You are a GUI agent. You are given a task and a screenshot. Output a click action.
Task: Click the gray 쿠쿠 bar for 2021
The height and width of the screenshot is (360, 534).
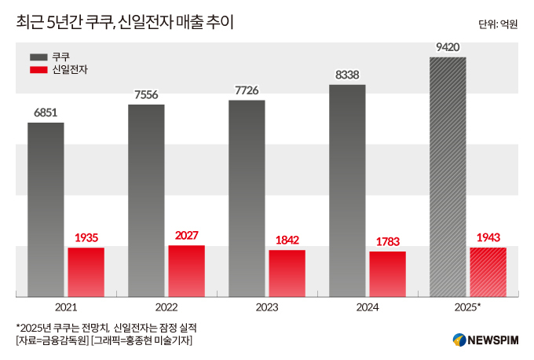(x=46, y=209)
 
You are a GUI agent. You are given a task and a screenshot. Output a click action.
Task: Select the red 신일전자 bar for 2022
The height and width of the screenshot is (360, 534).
(x=186, y=270)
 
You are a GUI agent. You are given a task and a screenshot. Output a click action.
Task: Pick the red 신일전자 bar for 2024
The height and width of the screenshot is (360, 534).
(x=387, y=274)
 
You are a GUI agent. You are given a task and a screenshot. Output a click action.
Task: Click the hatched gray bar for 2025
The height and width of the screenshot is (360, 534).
(x=448, y=176)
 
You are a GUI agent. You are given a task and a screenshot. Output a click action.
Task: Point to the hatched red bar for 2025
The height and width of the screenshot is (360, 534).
(x=488, y=272)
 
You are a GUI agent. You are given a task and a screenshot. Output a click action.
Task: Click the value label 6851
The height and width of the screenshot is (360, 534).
(x=46, y=112)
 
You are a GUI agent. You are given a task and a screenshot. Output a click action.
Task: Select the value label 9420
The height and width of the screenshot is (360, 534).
(x=448, y=47)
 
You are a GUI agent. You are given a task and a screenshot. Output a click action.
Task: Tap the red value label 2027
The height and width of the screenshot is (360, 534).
(x=186, y=235)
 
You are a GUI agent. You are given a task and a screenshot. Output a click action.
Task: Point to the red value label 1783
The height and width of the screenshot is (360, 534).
(x=387, y=241)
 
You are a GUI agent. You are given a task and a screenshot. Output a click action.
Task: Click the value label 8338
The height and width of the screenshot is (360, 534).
(x=347, y=75)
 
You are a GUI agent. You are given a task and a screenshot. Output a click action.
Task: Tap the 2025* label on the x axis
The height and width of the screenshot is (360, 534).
(x=468, y=307)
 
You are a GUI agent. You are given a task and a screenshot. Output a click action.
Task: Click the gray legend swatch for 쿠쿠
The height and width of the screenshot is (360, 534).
(x=38, y=57)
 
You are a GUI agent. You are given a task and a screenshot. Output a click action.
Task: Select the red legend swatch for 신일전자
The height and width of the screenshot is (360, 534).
(x=38, y=71)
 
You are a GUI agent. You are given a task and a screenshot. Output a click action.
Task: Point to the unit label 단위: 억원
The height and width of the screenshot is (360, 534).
(x=498, y=24)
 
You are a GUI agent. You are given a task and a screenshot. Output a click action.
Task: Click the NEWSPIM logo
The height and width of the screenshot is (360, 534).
(x=485, y=340)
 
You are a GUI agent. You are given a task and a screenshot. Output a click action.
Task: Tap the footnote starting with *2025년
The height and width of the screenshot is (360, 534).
(x=106, y=326)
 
